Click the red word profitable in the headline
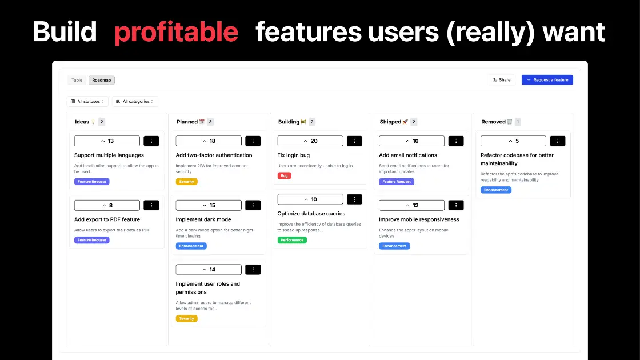(x=176, y=32)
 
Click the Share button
(x=501, y=80)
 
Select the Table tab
(x=77, y=80)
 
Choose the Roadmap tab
(x=102, y=80)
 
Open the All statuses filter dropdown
(x=87, y=101)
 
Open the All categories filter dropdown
(x=135, y=101)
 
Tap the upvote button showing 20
(x=310, y=141)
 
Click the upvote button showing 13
(x=107, y=141)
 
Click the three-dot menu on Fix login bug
(x=354, y=141)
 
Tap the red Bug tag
(x=284, y=176)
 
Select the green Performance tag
(x=292, y=240)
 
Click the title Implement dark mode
(x=203, y=219)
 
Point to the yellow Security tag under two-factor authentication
(x=187, y=182)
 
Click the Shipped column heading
(x=391, y=122)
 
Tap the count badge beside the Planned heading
(x=210, y=122)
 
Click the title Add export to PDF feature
(x=107, y=219)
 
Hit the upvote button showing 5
(x=513, y=141)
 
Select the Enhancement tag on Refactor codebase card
(x=495, y=190)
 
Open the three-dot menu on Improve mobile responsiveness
(x=456, y=205)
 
